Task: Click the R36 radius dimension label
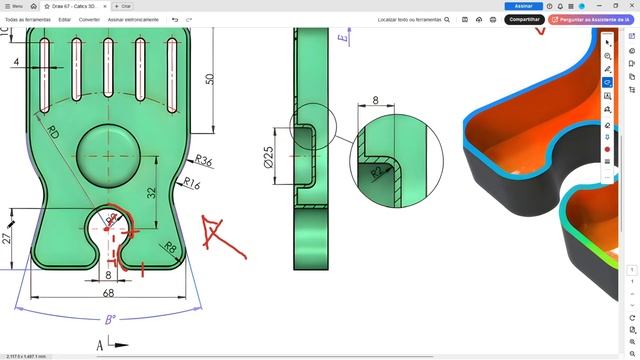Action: [x=204, y=160]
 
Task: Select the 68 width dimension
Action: [x=107, y=293]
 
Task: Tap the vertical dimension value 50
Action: [x=210, y=79]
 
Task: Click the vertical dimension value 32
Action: [x=151, y=192]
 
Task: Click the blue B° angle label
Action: [x=110, y=319]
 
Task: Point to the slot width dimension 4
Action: [x=16, y=62]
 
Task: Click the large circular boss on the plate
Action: [x=109, y=155]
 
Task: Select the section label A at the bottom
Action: [x=100, y=345]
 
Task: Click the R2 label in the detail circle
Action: [x=377, y=171]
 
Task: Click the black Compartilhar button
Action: [x=524, y=19]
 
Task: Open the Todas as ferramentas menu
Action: [x=28, y=19]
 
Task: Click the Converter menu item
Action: [x=89, y=19]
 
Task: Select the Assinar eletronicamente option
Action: [x=133, y=19]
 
